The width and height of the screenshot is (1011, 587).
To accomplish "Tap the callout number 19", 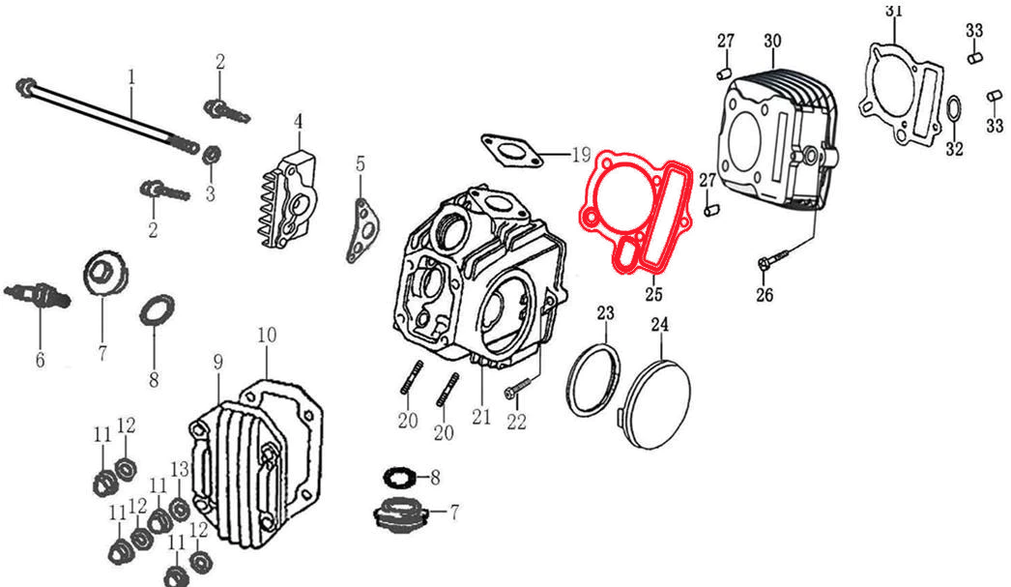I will click(580, 155).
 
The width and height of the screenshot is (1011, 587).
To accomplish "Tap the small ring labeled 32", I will click(952, 111).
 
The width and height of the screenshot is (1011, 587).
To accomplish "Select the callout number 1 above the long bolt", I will click(131, 75).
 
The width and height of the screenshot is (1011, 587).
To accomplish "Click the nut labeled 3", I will click(214, 153).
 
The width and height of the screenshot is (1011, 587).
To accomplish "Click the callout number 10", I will click(268, 335).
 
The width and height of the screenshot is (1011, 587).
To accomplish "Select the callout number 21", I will click(481, 417).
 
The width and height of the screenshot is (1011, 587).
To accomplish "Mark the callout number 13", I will click(180, 469).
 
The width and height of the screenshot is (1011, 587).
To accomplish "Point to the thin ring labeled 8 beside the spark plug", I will click(157, 310).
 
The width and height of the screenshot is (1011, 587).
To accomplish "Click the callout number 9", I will click(217, 361).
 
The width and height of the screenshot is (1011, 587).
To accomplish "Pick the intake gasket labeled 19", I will click(508, 148).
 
